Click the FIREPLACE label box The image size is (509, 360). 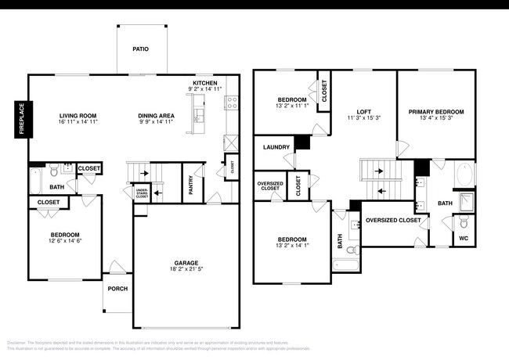click(21, 118)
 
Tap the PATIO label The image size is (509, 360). click(140, 49)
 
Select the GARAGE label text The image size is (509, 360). click(186, 263)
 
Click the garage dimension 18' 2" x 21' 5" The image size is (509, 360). click(186, 270)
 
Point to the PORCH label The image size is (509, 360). click(117, 289)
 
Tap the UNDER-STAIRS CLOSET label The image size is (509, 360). click(142, 193)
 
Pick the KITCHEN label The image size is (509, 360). click(205, 83)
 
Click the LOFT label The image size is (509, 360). click(363, 111)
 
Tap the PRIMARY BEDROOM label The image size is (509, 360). click(436, 111)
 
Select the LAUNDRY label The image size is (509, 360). click(276, 146)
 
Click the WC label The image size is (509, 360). click(463, 238)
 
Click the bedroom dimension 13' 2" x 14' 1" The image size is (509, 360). click(291, 246)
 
